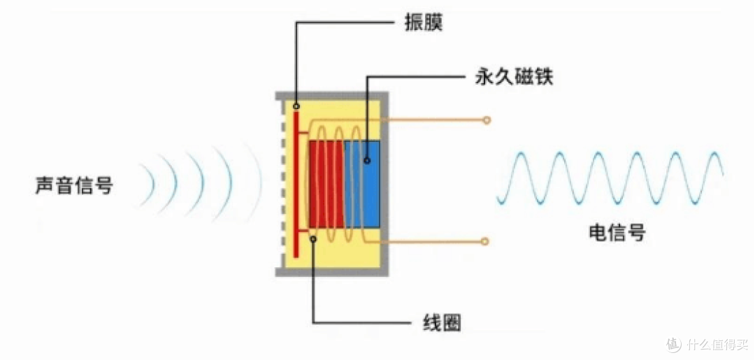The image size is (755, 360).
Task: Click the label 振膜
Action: click(x=423, y=22)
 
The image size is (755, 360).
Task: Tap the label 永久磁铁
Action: click(x=514, y=78)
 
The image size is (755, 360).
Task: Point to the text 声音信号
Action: click(x=74, y=185)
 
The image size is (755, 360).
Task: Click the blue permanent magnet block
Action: click(x=362, y=184)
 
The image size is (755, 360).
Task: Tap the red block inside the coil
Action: click(x=326, y=184)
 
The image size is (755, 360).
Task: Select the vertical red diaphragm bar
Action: click(x=296, y=184)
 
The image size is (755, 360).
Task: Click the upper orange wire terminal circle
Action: click(x=487, y=120)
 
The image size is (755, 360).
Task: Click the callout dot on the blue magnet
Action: click(x=367, y=161)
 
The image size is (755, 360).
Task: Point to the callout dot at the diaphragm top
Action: click(x=296, y=106)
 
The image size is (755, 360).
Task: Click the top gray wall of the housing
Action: click(x=332, y=96)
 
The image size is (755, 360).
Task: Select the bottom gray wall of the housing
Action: click(x=332, y=273)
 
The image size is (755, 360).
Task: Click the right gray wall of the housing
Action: click(x=384, y=184)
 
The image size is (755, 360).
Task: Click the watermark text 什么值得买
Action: click(x=718, y=345)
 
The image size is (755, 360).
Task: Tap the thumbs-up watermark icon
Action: click(x=674, y=345)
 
